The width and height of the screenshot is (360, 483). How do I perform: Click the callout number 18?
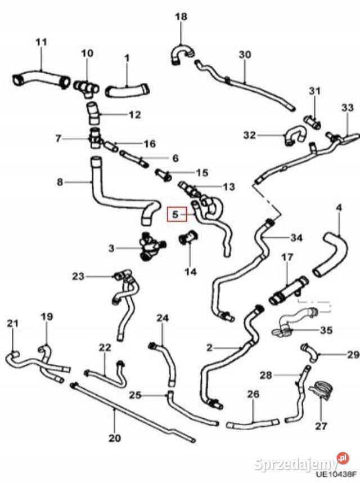coord(181,17)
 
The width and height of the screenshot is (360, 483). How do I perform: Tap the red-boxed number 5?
coord(175,214)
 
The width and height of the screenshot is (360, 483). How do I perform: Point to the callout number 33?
coord(347,108)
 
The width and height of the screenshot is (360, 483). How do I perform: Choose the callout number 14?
coord(190,271)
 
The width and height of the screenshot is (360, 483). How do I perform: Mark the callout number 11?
coord(42,42)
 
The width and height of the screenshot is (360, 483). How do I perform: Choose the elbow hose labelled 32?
coord(294,135)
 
